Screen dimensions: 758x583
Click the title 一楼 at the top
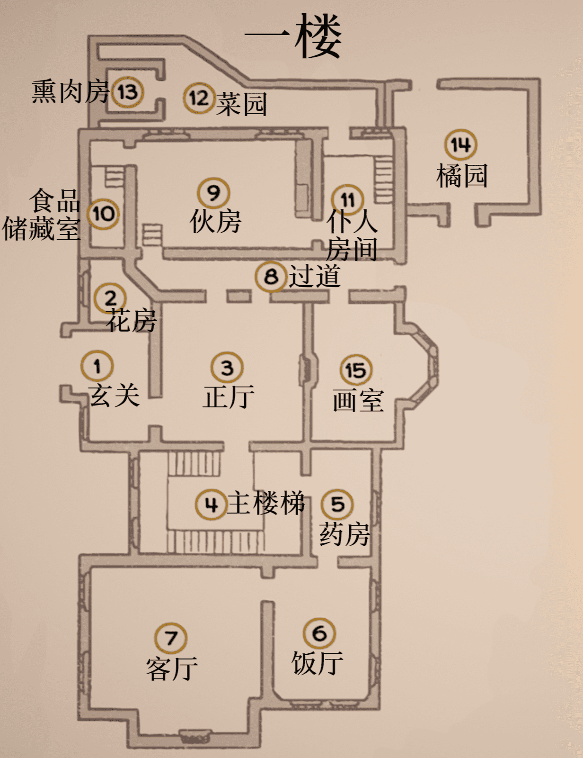click(293, 36)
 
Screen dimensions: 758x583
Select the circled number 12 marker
click(199, 98)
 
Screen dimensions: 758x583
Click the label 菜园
click(242, 104)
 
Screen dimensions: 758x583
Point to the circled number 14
click(460, 144)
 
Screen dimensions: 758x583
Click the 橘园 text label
click(462, 176)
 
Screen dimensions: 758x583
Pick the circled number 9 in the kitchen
click(213, 193)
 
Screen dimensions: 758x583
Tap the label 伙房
click(216, 221)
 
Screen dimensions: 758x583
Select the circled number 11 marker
click(348, 200)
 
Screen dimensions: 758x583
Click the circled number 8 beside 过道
click(271, 276)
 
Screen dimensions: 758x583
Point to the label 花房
click(131, 321)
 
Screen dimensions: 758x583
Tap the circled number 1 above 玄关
click(97, 366)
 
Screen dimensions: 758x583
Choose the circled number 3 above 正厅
click(227, 368)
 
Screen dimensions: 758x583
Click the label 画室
click(358, 401)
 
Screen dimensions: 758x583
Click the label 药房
click(344, 534)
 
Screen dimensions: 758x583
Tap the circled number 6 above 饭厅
click(319, 633)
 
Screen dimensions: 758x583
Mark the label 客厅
click(172, 669)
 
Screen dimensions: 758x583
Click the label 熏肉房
click(71, 91)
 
